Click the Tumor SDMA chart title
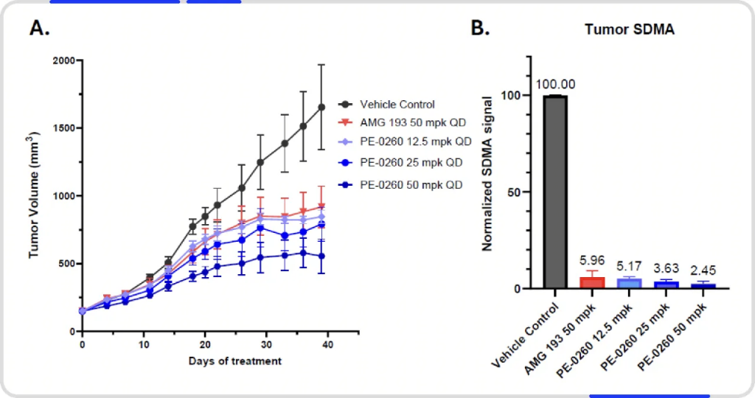tap(620, 29)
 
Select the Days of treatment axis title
tap(234, 360)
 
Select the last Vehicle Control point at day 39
tap(321, 107)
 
